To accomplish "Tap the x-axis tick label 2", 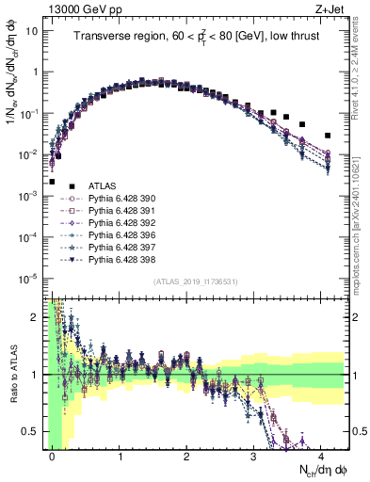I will pyautogui.click(x=187, y=454).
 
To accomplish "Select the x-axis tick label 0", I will pyautogui.click(x=53, y=454).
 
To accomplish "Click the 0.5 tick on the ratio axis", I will pyautogui.click(x=32, y=431).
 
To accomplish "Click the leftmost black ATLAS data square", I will pyautogui.click(x=53, y=182).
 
